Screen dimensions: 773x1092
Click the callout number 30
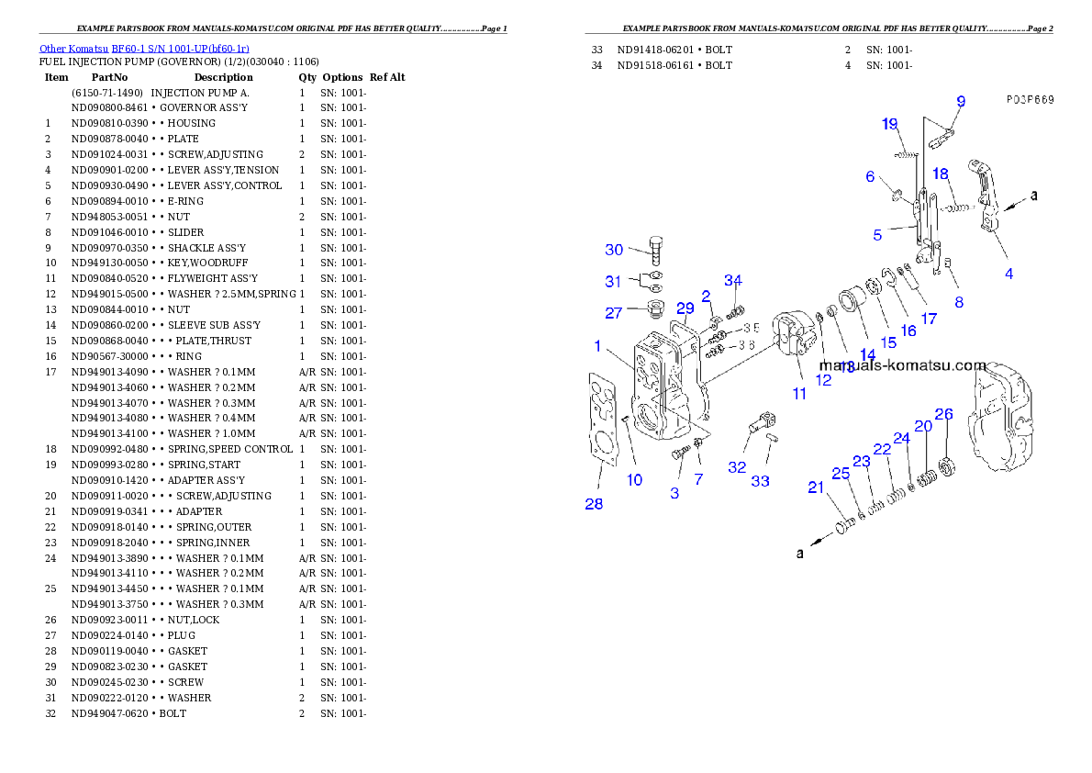click(x=614, y=250)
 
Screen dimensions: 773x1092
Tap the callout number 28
click(x=595, y=503)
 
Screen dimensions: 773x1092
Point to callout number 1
click(x=597, y=346)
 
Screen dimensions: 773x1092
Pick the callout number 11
click(x=799, y=394)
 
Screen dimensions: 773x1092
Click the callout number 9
click(x=961, y=101)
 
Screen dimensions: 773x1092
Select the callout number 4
click(x=1008, y=274)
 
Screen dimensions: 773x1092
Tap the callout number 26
click(x=944, y=413)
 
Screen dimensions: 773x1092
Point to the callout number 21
click(x=816, y=487)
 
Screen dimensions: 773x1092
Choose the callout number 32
click(x=737, y=467)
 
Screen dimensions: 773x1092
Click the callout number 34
click(x=732, y=280)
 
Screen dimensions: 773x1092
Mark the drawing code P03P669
click(x=1028, y=99)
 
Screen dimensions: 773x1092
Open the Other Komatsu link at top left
click(x=143, y=48)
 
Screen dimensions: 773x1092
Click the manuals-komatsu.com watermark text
click(x=903, y=365)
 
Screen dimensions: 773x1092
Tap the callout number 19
click(x=889, y=125)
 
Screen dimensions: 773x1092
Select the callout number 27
click(x=613, y=313)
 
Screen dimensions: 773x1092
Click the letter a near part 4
click(x=1034, y=196)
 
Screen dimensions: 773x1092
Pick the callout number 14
click(x=867, y=354)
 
